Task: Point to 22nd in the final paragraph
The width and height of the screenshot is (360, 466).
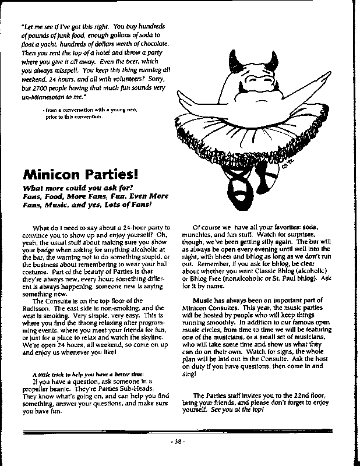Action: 305,396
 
